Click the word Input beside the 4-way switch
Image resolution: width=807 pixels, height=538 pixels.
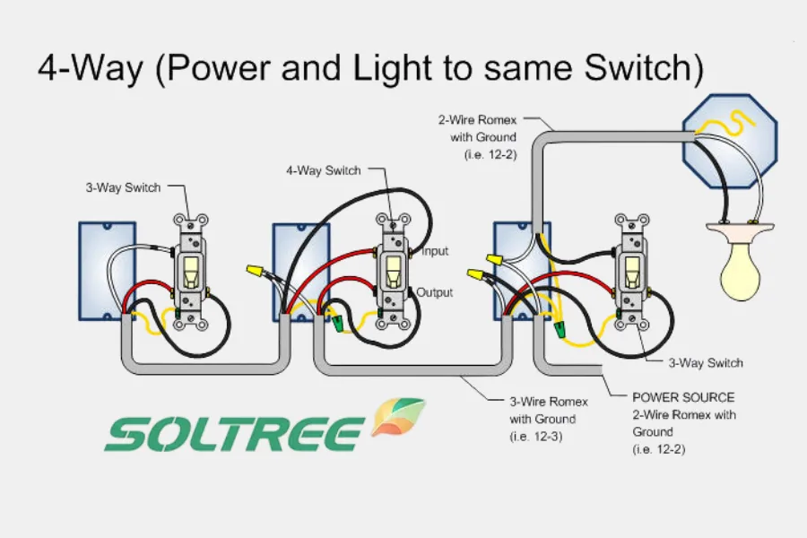tap(435, 252)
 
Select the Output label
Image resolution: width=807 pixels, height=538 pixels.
tap(435, 293)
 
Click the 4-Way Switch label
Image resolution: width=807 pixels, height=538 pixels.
tap(324, 170)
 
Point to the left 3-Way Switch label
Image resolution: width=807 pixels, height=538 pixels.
tap(124, 187)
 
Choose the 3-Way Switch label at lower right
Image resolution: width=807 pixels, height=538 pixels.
tap(706, 363)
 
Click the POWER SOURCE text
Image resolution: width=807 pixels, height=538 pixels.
tap(682, 397)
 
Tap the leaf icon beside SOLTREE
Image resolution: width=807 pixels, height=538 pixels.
tap(398, 418)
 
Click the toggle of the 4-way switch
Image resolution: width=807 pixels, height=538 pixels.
tap(391, 268)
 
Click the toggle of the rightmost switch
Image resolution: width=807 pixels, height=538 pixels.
tap(629, 268)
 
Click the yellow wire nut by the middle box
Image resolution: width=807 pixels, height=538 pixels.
tap(256, 269)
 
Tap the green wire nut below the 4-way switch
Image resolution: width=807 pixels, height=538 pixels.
tap(340, 320)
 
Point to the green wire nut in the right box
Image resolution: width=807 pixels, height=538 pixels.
tap(560, 331)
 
